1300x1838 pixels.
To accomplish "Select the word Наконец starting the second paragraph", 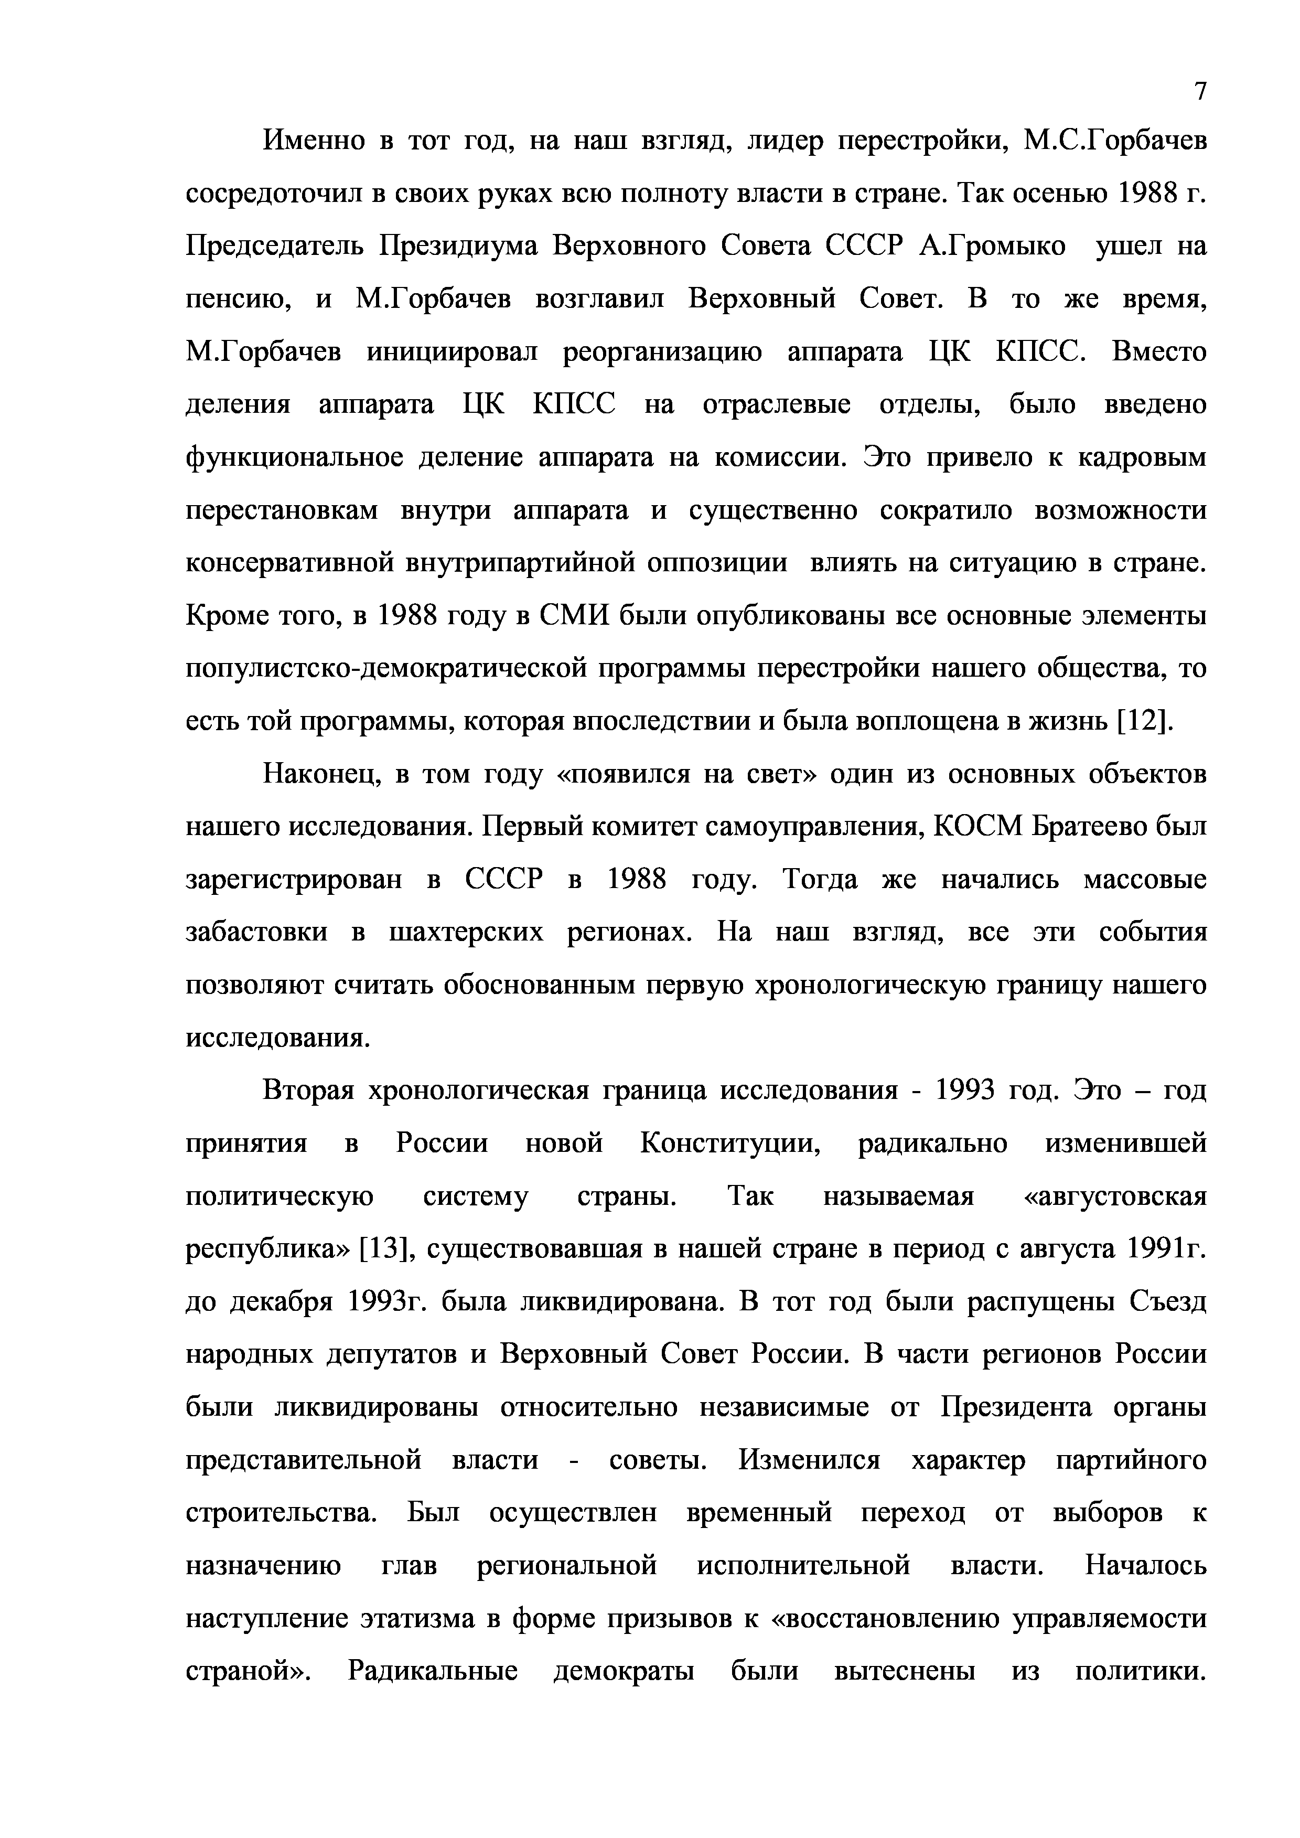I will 317,774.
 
